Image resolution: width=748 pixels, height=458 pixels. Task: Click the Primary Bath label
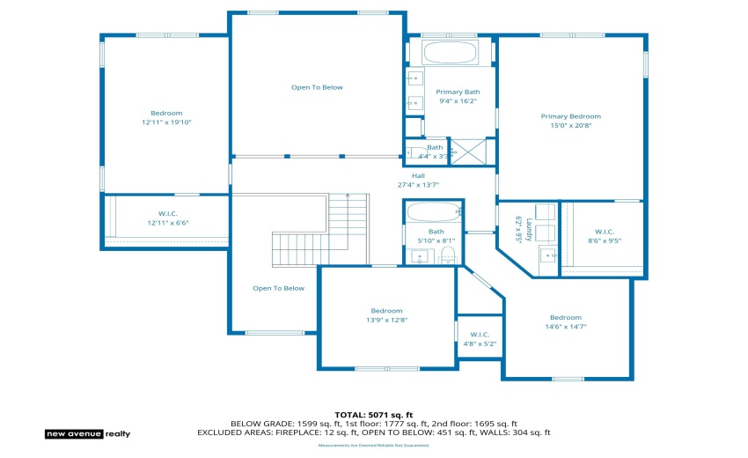(x=458, y=92)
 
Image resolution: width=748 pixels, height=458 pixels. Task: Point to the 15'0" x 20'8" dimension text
(x=570, y=126)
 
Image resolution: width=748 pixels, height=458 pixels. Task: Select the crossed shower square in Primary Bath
(x=468, y=152)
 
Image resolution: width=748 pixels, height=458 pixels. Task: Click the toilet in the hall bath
(x=447, y=256)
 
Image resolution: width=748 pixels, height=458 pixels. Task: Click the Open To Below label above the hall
(x=317, y=87)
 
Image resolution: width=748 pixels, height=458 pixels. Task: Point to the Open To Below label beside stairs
(x=278, y=288)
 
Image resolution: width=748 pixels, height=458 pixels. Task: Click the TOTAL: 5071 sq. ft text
(x=373, y=414)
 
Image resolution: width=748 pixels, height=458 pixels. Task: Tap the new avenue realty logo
(x=87, y=433)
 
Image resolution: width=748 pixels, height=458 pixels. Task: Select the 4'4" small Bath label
(x=435, y=147)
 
